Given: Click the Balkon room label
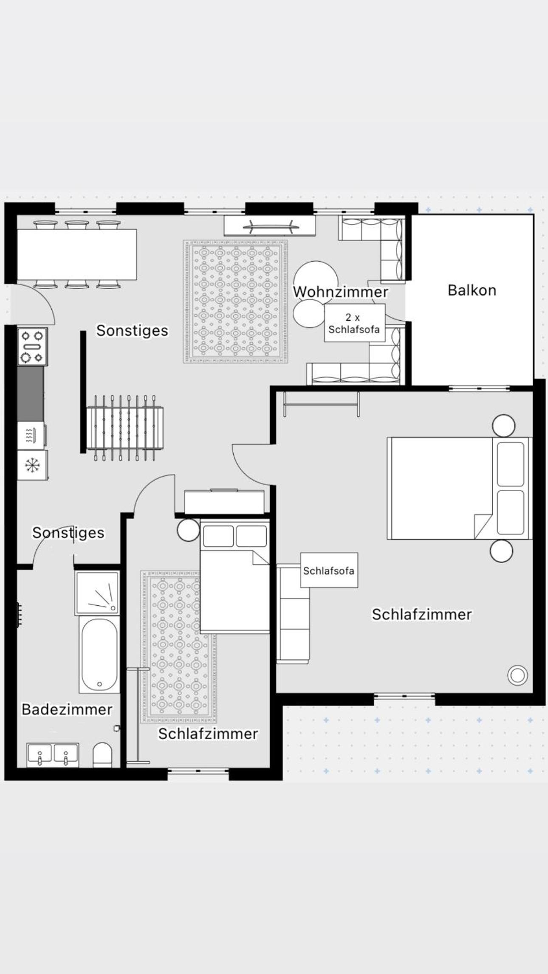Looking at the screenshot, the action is (x=472, y=291).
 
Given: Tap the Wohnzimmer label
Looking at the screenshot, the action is (x=341, y=292).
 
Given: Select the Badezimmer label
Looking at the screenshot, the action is (x=67, y=709).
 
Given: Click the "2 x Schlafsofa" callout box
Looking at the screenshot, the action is (x=355, y=323).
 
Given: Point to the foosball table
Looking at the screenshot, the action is (x=125, y=428).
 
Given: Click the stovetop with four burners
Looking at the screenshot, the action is (x=33, y=347).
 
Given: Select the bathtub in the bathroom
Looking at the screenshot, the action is (x=99, y=655).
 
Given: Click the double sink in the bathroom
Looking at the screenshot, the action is (x=53, y=755).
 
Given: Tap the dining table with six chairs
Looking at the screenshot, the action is (x=77, y=254).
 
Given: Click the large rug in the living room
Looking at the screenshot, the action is (x=235, y=302).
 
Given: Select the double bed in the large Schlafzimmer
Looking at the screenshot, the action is (x=460, y=488).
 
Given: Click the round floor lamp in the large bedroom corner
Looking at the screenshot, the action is (x=517, y=675).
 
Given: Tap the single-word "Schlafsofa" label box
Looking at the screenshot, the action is (x=329, y=570).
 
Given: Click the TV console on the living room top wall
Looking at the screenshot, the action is (x=270, y=226).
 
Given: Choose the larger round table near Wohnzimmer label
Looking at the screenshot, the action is (x=316, y=281).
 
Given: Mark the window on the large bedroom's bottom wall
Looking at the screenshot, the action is (x=404, y=696).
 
